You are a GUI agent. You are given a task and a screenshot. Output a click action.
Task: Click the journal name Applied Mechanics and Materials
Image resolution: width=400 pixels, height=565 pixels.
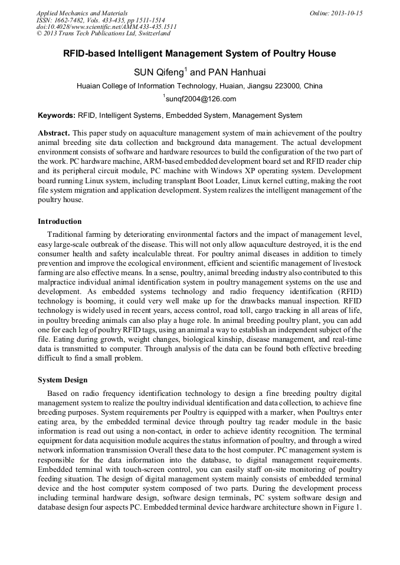coord(82,12)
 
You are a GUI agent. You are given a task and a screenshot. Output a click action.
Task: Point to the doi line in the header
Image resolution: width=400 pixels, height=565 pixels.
coord(107,27)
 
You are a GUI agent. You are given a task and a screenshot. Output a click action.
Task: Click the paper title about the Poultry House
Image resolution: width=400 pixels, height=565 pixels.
coord(199,54)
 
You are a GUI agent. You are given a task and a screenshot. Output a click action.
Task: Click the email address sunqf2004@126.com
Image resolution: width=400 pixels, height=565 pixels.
coord(201,99)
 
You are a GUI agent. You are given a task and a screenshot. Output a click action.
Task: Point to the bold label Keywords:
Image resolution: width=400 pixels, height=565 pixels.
coord(57,115)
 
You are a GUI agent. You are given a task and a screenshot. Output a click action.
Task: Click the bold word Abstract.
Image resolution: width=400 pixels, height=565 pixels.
coord(54,134)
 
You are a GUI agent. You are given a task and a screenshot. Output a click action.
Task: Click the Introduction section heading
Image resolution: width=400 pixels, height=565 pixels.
coord(60,222)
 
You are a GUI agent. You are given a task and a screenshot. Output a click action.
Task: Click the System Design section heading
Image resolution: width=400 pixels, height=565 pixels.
coord(63,380)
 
